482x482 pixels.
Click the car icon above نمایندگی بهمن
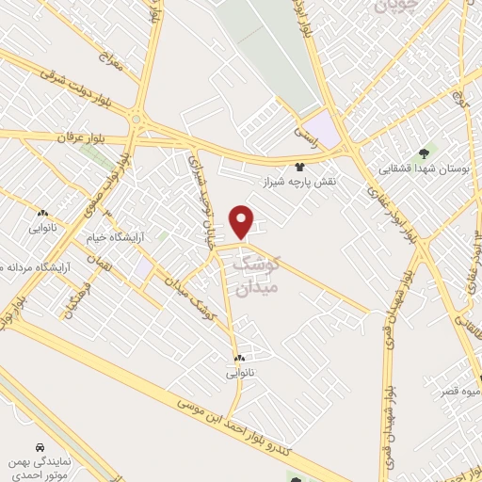(x=39, y=446)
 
